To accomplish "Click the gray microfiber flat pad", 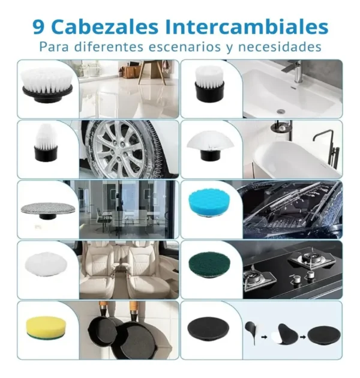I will pyautogui.click(x=47, y=207).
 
